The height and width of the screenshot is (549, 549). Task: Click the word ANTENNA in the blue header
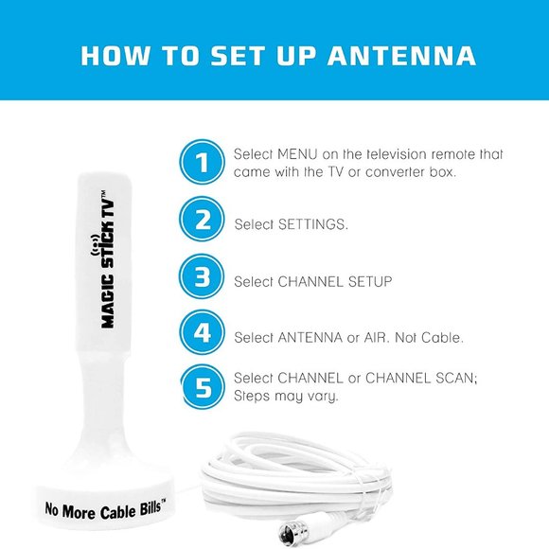(x=402, y=54)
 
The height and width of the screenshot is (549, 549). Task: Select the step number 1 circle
(x=203, y=164)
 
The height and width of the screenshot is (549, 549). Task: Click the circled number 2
(x=203, y=221)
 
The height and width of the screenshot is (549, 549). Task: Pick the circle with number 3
(x=203, y=278)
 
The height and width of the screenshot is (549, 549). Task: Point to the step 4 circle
(x=203, y=334)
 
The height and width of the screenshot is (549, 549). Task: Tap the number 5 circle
(x=203, y=387)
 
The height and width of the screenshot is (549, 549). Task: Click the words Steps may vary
(x=288, y=397)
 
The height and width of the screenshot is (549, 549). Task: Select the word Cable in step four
(x=441, y=337)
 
